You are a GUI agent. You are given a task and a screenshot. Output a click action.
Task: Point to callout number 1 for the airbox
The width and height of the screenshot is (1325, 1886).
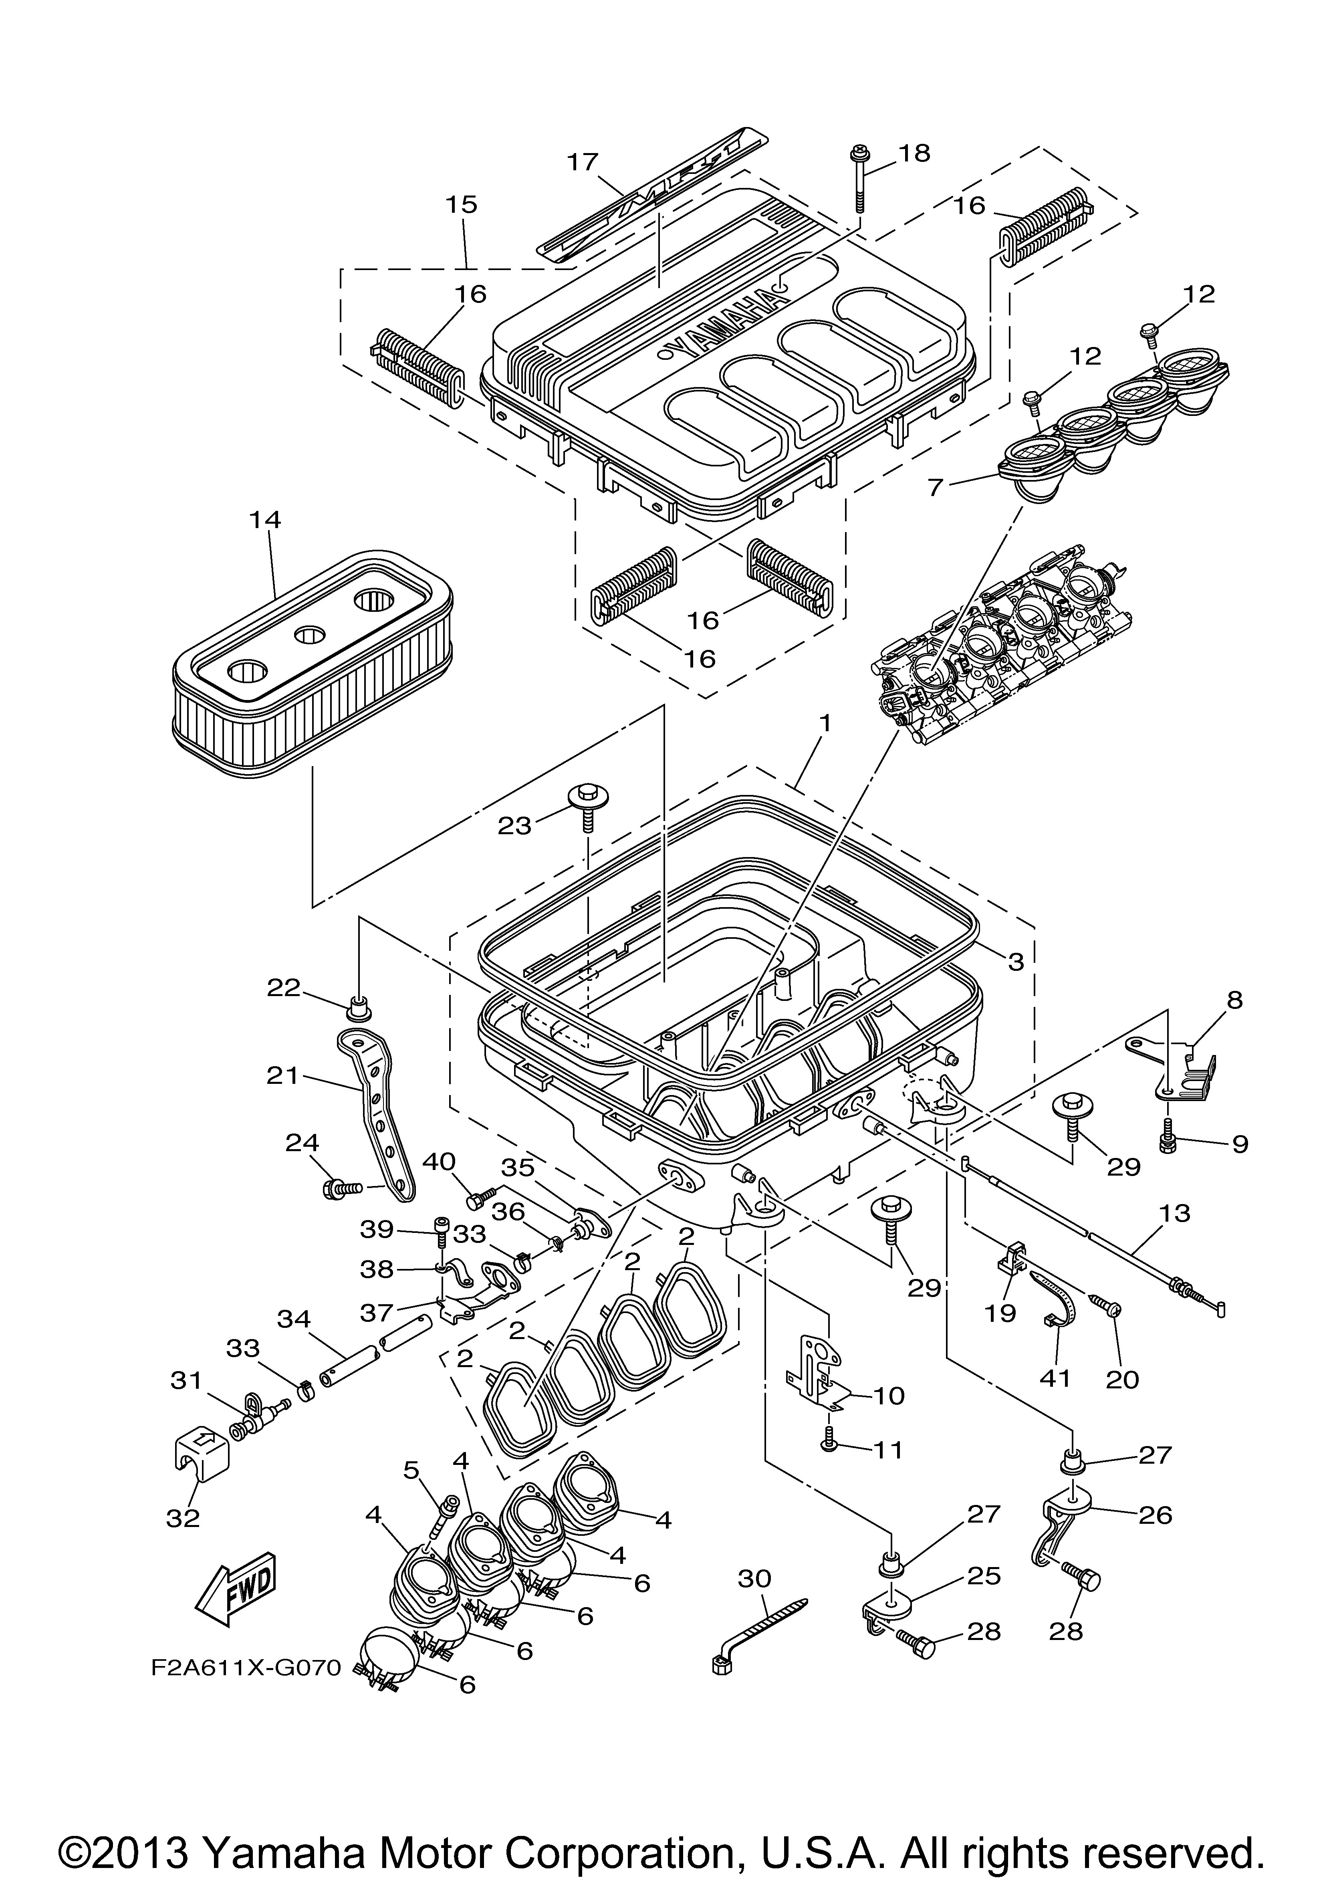[825, 724]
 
